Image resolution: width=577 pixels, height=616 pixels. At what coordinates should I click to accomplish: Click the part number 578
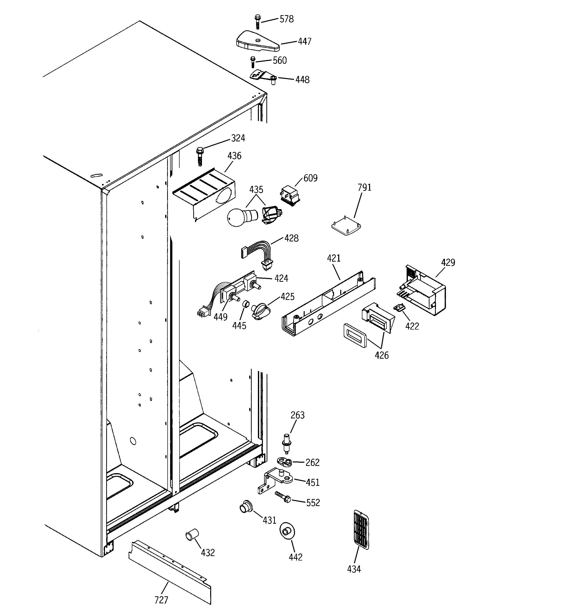pyautogui.click(x=286, y=19)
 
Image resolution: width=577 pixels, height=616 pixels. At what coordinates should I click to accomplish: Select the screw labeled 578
pyautogui.click(x=257, y=22)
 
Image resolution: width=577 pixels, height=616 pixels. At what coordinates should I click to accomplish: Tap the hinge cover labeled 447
pyautogui.click(x=257, y=41)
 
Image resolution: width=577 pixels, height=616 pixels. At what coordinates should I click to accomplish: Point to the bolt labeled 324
pyautogui.click(x=199, y=157)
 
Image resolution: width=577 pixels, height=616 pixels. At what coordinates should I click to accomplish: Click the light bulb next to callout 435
pyautogui.click(x=241, y=217)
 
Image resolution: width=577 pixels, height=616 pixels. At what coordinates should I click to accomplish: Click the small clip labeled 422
pyautogui.click(x=399, y=307)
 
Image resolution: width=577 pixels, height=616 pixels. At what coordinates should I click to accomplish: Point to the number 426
pyautogui.click(x=381, y=355)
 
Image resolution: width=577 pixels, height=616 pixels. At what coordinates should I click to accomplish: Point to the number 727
pyautogui.click(x=161, y=600)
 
